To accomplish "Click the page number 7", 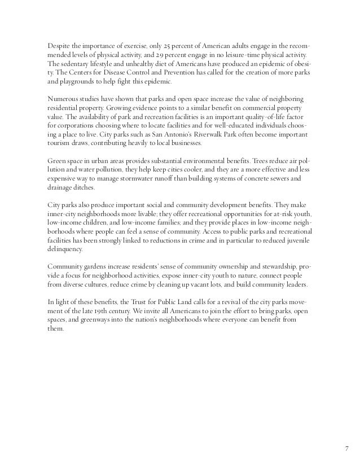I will click(x=346, y=449).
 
